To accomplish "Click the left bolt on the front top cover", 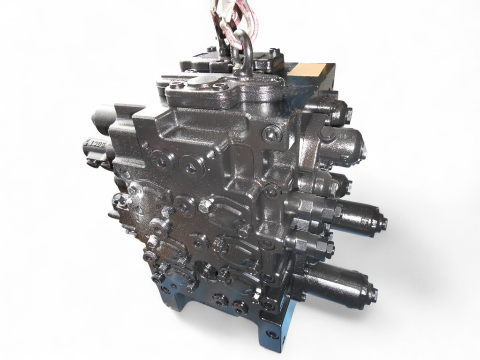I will [x=177, y=85].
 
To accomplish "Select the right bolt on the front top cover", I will [x=220, y=86].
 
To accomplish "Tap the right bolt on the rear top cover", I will [x=274, y=51].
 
